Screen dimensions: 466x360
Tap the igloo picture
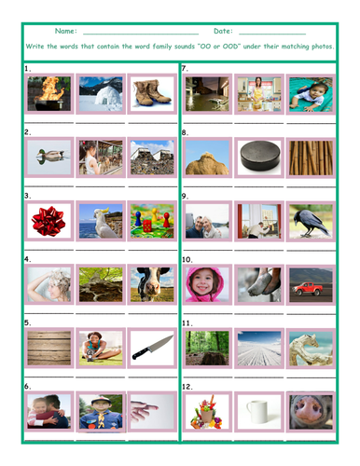101,94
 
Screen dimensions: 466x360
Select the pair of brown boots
151,94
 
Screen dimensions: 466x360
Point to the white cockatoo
101,221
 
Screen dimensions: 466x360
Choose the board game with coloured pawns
151,221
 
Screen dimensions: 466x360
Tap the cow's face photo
151,284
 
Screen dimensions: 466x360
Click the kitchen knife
151,348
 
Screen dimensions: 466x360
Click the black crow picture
311,221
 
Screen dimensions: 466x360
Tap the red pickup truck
311,284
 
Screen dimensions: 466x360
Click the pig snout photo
311,411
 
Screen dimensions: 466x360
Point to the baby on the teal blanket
311,94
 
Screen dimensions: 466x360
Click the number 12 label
187,386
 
